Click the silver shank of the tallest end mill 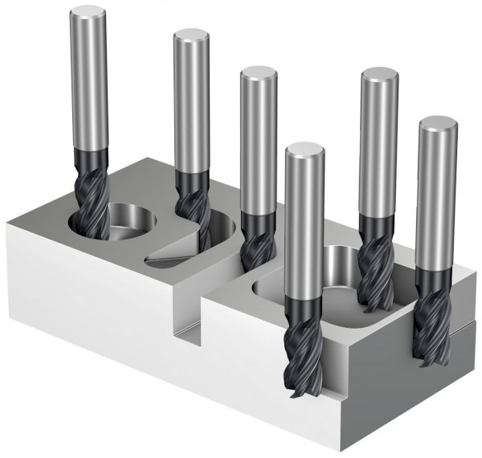coord(88,80)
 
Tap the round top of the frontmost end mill coord(304,150)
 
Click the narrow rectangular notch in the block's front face coord(188,329)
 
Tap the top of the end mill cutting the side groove coord(438,125)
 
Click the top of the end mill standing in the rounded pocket coord(380,77)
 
